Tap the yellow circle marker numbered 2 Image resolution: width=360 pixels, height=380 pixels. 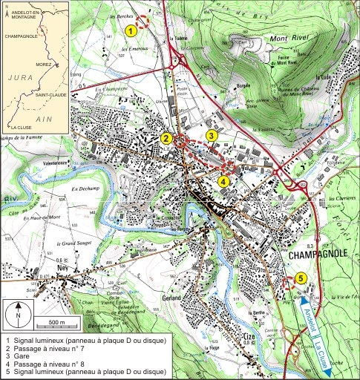click(166, 138)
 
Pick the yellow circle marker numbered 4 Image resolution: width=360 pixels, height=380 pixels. click(223, 180)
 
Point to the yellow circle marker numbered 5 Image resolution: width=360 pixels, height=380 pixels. click(300, 278)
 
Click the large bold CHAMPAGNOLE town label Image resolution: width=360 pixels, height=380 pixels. click(320, 255)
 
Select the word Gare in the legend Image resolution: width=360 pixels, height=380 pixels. click(22, 354)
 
